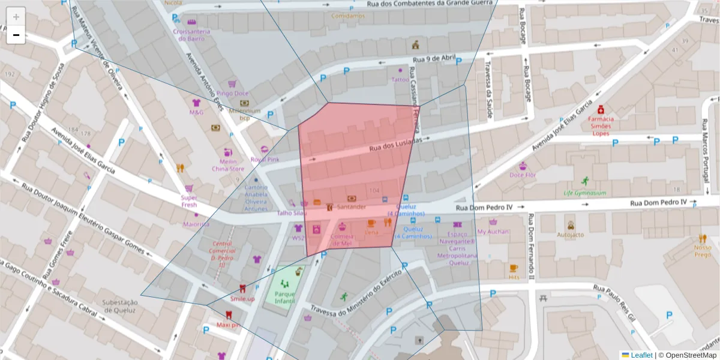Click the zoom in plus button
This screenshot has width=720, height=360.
coord(16,17)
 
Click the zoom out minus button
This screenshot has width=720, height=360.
coord(16,35)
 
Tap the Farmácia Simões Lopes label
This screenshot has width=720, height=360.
coord(601,126)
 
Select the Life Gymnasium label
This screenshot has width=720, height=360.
coord(584,193)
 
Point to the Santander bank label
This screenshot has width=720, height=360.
coord(352,207)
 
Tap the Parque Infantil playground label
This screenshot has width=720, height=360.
coord(285,298)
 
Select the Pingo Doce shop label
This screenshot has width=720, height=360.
coord(233,94)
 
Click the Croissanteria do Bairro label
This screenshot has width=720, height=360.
coord(191,35)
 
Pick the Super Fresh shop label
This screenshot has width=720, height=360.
coord(189,201)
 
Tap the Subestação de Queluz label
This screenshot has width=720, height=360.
coord(121,306)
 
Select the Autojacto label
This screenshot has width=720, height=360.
coord(570,235)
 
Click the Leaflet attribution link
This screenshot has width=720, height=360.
coord(641,355)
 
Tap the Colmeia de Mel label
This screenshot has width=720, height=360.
coord(342,239)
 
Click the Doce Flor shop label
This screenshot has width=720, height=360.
coord(522,175)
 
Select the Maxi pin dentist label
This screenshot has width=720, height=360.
coord(228,325)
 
